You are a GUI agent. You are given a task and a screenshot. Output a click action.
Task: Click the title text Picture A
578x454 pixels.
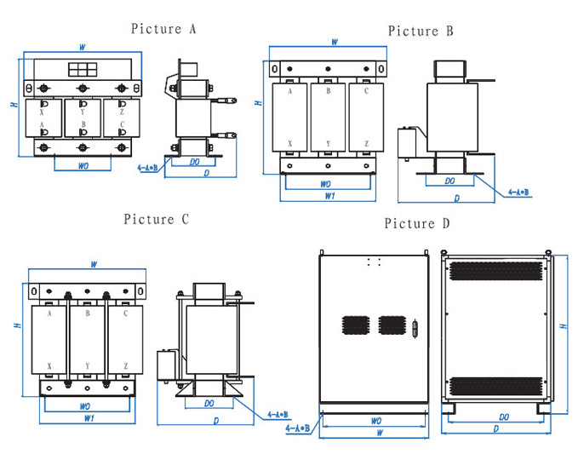tap(164, 29)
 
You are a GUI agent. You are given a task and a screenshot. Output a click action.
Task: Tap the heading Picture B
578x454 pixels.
tap(421, 32)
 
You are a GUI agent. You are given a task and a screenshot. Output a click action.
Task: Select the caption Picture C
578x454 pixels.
tap(156, 220)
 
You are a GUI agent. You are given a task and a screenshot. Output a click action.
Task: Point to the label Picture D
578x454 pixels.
tap(417, 224)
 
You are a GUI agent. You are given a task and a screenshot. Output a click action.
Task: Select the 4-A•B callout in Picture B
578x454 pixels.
tap(519, 193)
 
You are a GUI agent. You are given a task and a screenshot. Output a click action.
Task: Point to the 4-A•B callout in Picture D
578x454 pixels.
tap(298, 428)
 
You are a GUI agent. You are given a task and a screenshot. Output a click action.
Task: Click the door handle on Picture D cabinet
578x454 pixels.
tap(415, 327)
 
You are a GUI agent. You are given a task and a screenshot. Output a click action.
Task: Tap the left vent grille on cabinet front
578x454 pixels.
tap(354, 325)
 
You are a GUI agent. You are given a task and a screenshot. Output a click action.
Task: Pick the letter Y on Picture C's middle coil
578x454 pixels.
tap(88, 366)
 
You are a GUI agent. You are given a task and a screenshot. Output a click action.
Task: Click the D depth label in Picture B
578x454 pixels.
tap(457, 198)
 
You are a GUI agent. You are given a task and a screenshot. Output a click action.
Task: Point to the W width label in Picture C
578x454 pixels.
tap(93, 265)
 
